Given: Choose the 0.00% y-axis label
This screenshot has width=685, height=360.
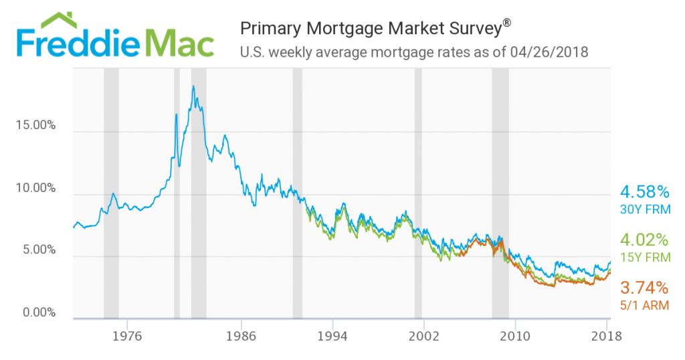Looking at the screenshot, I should click(x=37, y=312).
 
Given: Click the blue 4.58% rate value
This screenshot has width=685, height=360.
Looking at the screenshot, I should click(x=645, y=190).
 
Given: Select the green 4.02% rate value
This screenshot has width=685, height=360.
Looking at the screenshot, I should click(x=645, y=240).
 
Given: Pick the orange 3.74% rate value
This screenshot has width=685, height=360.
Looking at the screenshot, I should click(x=645, y=288).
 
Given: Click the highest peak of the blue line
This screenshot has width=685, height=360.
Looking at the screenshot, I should click(x=193, y=86).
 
